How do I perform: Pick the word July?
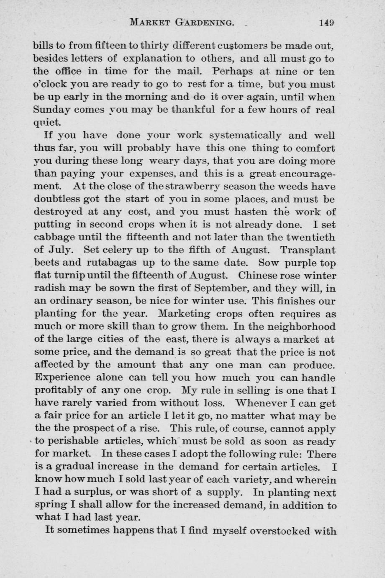point(61,250)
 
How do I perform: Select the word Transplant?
point(308,250)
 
